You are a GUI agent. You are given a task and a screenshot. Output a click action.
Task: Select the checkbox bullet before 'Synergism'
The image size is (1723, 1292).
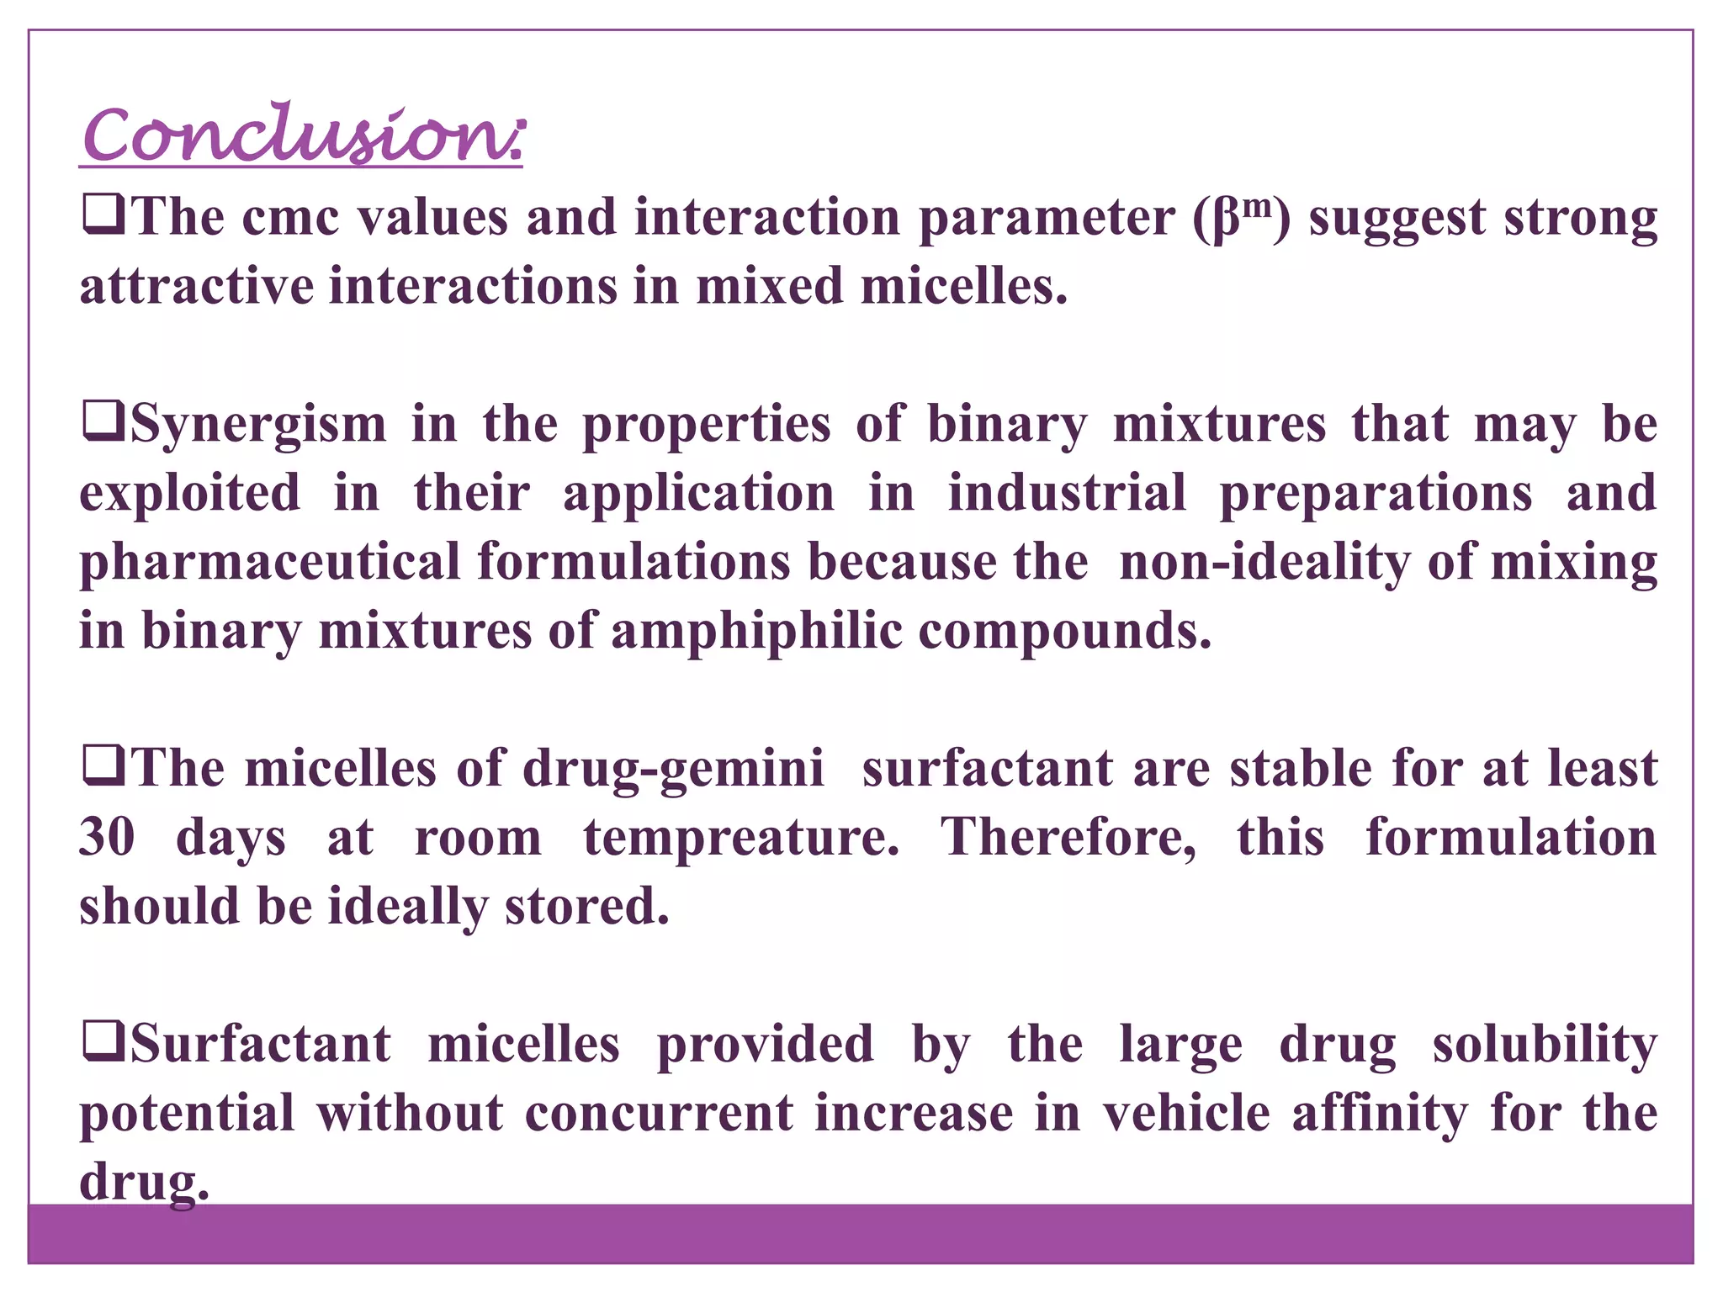tap(103, 422)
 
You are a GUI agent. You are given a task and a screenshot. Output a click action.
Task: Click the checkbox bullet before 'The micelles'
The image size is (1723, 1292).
tap(103, 766)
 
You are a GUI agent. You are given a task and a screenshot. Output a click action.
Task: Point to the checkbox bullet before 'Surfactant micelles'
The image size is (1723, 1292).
tap(103, 1042)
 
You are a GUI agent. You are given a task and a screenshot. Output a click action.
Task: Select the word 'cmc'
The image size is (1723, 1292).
tap(290, 219)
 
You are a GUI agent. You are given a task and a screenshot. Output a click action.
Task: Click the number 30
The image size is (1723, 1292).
tap(107, 838)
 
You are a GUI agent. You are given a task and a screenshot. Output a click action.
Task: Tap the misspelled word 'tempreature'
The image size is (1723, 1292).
tap(740, 838)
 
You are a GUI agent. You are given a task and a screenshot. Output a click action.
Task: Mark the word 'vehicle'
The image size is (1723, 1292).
tap(1186, 1114)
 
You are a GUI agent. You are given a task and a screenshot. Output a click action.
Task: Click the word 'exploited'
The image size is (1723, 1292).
tap(189, 494)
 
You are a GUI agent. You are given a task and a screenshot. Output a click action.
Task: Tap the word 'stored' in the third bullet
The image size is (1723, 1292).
tap(586, 907)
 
